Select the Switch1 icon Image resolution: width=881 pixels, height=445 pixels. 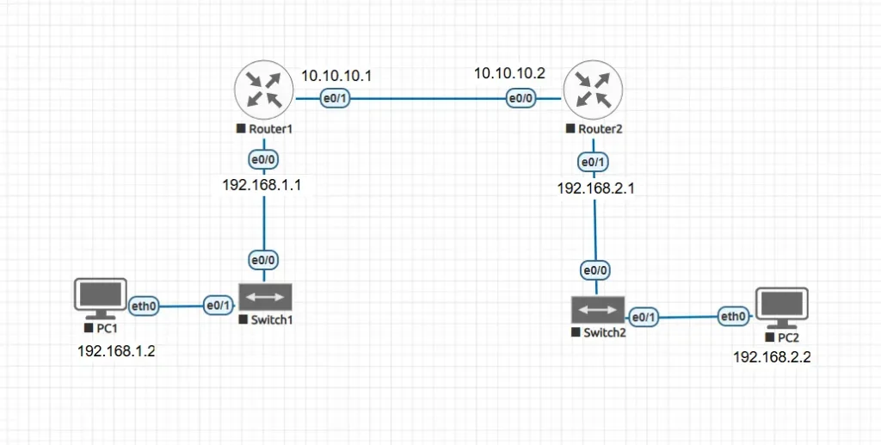[266, 298]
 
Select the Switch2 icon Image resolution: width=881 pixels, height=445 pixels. [596, 309]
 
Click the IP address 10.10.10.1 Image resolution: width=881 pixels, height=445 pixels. [336, 76]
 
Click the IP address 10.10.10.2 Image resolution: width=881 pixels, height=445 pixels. [509, 74]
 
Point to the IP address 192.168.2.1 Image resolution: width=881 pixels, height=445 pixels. [595, 189]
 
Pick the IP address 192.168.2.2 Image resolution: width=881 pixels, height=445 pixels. [771, 355]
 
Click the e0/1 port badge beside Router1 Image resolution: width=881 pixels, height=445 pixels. [335, 99]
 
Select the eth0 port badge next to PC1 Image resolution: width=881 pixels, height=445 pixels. [143, 305]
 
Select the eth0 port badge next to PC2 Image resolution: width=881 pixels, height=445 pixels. [733, 317]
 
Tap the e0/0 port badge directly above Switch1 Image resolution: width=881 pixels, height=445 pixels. [263, 260]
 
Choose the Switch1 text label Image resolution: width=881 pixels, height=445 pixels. [272, 320]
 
